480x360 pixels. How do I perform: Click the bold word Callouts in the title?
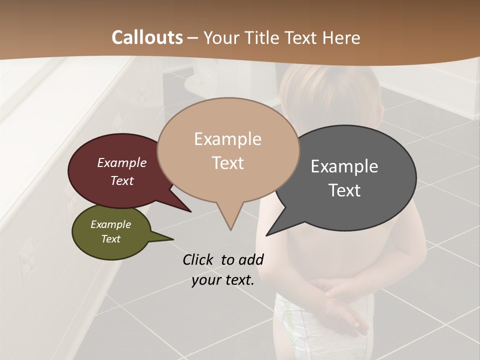click(147, 37)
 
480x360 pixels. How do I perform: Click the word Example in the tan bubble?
click(227, 139)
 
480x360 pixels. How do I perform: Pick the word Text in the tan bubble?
click(227, 163)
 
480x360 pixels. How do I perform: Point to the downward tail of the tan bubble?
click(229, 220)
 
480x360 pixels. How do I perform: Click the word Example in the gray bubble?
click(344, 166)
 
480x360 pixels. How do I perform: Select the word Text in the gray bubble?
click(344, 190)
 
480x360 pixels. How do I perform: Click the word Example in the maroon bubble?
click(122, 162)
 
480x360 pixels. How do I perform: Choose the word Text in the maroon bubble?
click(122, 180)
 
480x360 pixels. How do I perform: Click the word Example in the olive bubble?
click(110, 224)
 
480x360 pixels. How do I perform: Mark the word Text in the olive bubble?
click(110, 239)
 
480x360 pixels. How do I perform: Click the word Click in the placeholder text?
click(199, 260)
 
